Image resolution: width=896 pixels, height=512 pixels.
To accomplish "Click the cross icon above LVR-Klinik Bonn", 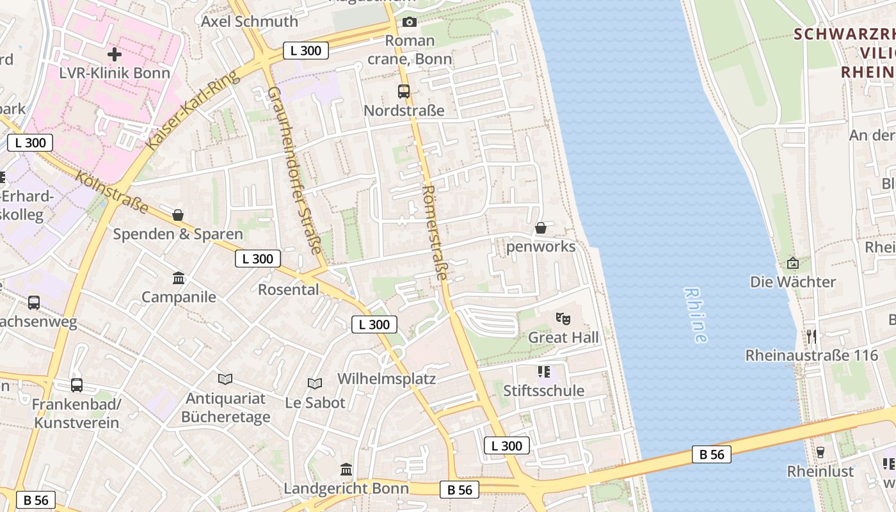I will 115,54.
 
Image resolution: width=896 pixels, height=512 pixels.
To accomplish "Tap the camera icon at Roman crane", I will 410,22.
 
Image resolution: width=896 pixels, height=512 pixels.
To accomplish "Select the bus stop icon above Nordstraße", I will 404,92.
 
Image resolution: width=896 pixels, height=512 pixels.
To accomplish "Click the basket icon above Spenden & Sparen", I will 178,215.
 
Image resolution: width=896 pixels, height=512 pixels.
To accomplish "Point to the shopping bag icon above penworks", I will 541,228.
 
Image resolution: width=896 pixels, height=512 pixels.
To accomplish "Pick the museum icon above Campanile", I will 179,278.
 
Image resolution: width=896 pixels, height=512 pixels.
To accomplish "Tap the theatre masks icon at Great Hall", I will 563,318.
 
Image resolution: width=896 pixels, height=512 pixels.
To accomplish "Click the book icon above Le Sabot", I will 315,383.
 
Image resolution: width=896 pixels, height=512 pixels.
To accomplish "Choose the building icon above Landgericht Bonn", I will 346,470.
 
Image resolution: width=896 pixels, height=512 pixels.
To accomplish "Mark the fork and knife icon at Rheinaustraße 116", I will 812,336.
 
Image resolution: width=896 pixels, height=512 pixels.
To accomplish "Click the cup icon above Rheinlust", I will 820,452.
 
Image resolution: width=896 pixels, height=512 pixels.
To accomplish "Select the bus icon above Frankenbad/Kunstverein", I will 77,385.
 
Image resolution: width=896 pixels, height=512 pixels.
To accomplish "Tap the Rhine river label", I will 696,315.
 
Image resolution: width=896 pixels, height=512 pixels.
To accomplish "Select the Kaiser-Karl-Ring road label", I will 192,110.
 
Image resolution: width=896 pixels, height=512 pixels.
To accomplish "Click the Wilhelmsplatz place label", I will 387,379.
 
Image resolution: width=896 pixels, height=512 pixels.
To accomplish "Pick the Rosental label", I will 288,290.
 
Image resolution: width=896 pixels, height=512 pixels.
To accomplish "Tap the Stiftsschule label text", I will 543,390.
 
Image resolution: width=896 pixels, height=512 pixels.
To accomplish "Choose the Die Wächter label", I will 793,282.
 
